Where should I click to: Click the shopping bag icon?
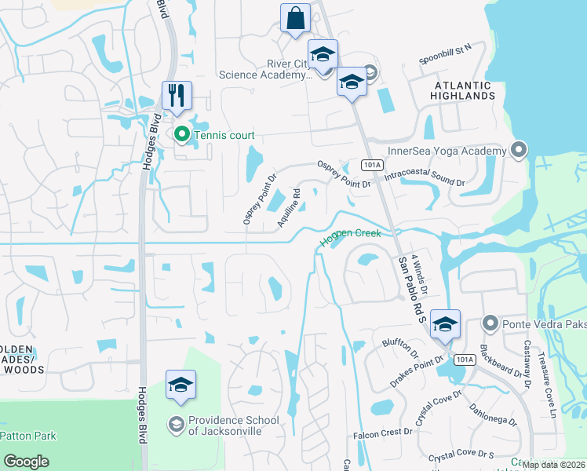(295, 19)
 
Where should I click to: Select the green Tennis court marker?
(181, 135)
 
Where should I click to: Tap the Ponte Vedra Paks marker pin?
(490, 323)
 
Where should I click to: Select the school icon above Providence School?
(180, 385)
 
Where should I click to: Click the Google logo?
(26, 461)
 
